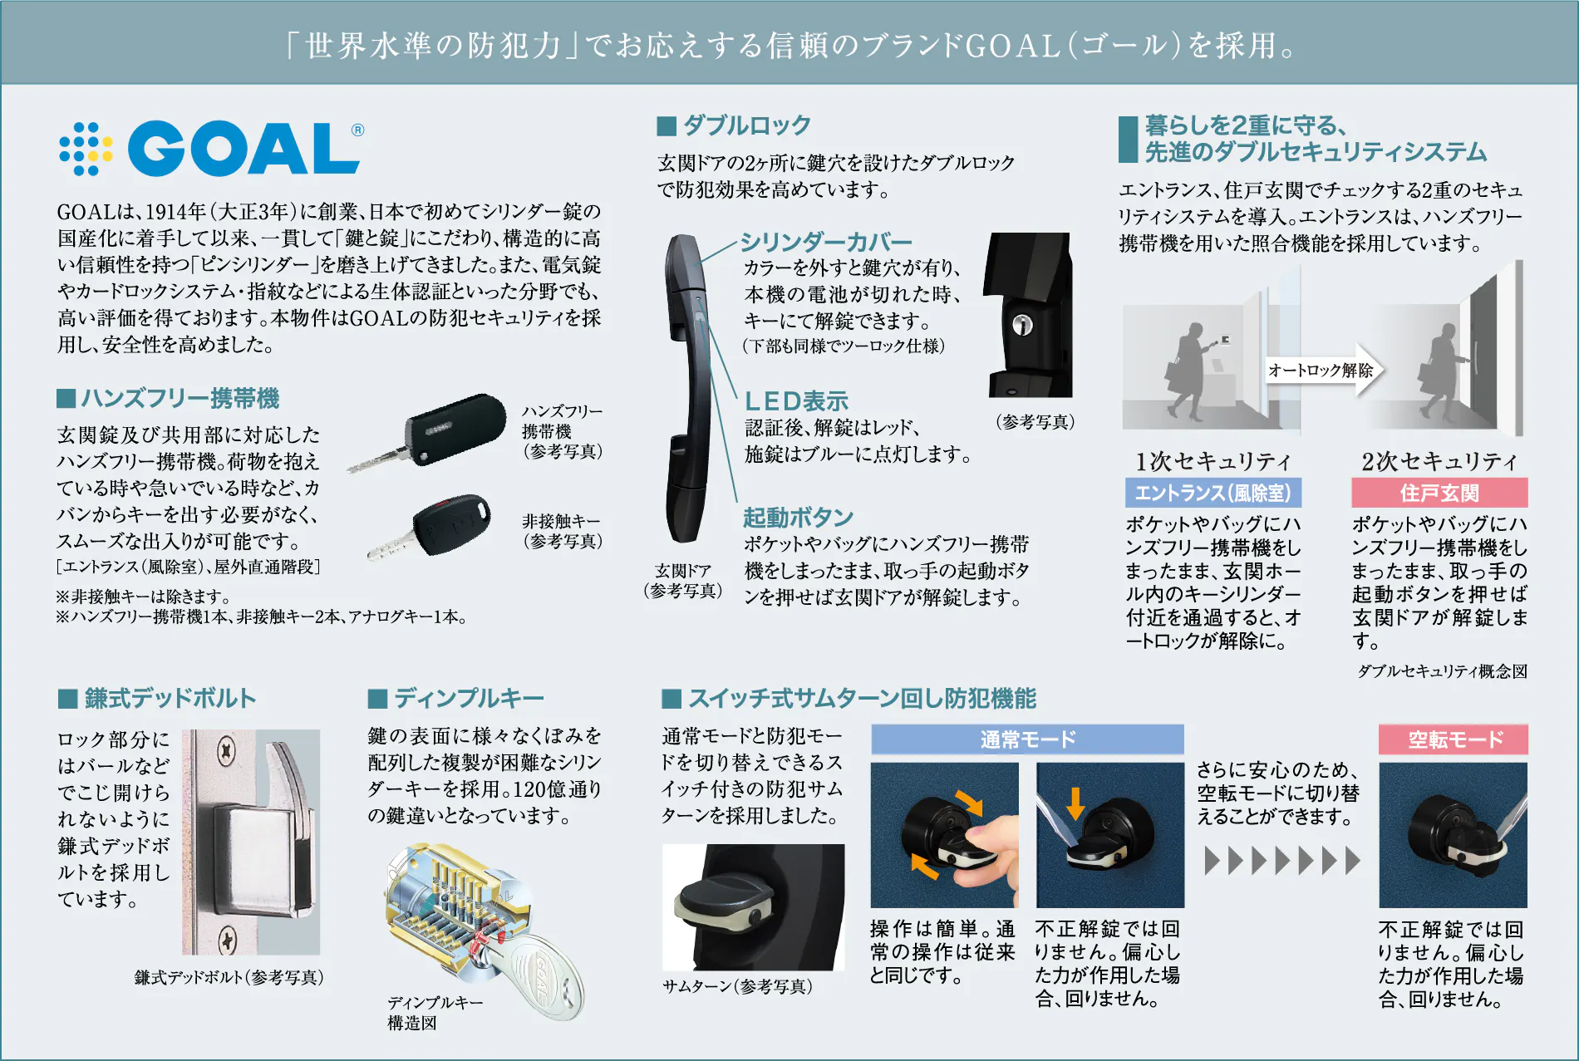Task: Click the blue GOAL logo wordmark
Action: tap(243, 148)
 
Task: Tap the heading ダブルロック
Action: tap(746, 125)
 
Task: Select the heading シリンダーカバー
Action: tap(826, 242)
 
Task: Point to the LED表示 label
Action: tap(796, 401)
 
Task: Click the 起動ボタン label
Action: tap(798, 518)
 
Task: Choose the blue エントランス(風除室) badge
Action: tap(1213, 493)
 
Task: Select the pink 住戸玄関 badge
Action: tap(1439, 493)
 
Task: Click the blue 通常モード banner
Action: tap(1027, 739)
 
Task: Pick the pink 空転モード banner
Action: tap(1453, 739)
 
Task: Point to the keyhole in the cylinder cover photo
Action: tap(1022, 324)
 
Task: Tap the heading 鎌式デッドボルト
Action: tap(170, 698)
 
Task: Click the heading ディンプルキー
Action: tap(469, 698)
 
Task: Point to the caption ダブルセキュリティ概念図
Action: tap(1442, 671)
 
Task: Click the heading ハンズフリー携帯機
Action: tap(180, 399)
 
